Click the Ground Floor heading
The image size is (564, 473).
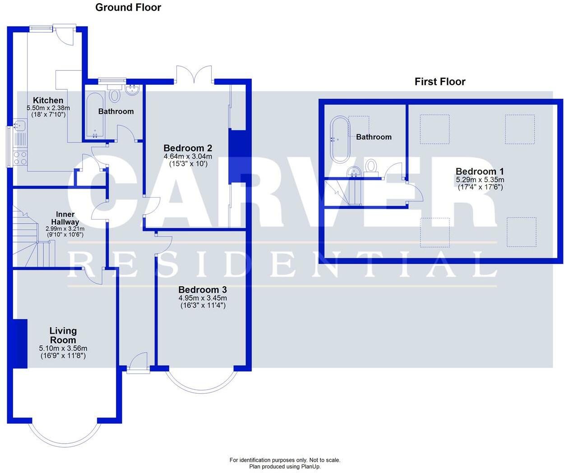[x=128, y=8]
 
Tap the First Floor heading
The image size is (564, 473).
[x=440, y=82]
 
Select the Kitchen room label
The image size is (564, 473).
[x=48, y=100]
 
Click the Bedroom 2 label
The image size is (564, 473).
[x=188, y=148]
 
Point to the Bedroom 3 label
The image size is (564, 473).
[x=203, y=289]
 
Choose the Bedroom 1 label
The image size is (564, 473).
[x=480, y=171]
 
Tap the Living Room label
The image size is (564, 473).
[x=63, y=335]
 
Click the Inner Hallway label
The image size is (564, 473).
[x=65, y=218]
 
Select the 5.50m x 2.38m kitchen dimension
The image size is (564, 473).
[x=48, y=108]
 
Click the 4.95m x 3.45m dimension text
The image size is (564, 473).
[x=203, y=298]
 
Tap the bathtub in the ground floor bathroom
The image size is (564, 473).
[x=95, y=115]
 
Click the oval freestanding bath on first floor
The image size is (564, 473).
[x=340, y=139]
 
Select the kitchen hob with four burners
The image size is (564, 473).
[x=20, y=158]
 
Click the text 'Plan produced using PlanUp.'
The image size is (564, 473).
[x=285, y=466]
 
